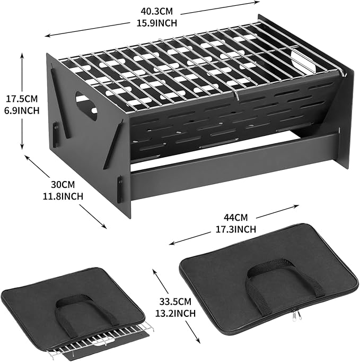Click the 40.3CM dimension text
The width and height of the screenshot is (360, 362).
(156, 11)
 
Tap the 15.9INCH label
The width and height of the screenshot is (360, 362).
(157, 23)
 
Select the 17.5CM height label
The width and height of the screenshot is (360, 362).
(22, 99)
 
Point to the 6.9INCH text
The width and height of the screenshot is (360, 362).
(22, 110)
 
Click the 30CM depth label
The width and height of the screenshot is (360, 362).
(63, 185)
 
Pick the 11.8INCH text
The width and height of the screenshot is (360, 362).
(63, 196)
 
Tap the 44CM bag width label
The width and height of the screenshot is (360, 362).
(236, 217)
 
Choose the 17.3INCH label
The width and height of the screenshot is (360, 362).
(236, 229)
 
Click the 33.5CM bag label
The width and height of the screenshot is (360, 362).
(175, 301)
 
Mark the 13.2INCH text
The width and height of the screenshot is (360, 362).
(175, 314)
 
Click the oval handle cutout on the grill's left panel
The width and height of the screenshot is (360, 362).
(86, 105)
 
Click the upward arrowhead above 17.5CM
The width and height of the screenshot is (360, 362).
(22, 55)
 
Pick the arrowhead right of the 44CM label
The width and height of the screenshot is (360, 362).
(296, 206)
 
